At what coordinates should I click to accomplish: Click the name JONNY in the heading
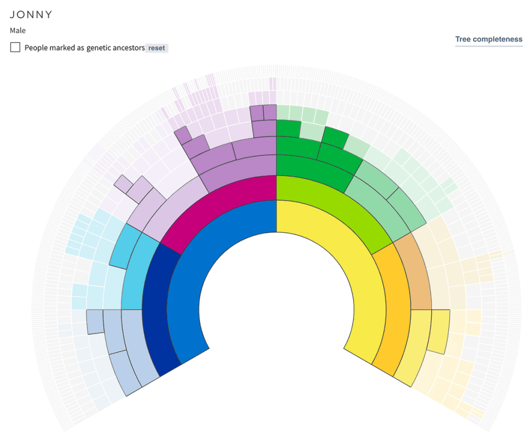31,14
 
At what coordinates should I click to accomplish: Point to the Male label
17,30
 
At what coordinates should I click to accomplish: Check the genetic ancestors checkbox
15,47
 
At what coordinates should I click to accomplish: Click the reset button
156,48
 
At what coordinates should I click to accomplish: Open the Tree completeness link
488,39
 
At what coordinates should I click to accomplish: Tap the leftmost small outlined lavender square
123,183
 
